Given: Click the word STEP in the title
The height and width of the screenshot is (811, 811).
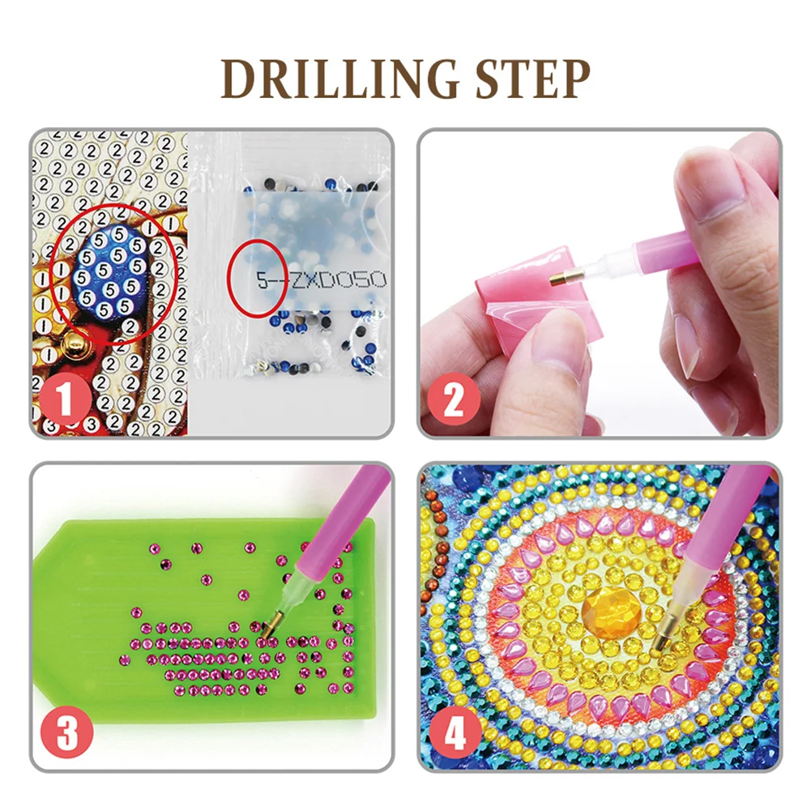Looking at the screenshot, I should [x=519, y=79].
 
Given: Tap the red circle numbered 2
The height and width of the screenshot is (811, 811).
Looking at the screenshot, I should [x=456, y=398].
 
